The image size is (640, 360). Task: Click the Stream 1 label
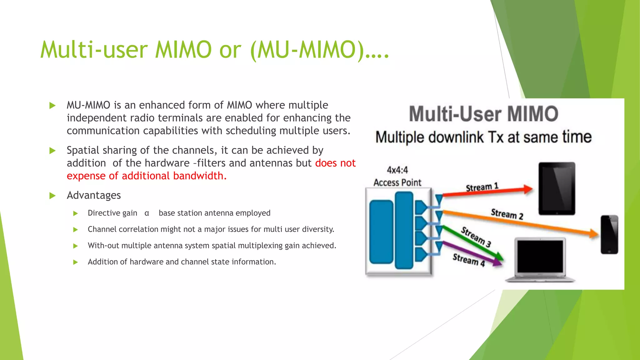coord(482,187)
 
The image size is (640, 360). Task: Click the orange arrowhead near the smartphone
coord(593,233)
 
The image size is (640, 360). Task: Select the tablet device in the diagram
coord(557,188)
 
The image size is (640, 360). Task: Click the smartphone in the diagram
coord(609,234)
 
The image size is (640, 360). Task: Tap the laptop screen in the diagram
coord(540,256)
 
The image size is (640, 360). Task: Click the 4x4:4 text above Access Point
coord(397,170)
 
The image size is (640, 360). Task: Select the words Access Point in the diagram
coord(397,182)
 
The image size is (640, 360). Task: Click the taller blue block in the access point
coord(404,230)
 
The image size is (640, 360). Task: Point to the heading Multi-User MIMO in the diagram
coord(483,114)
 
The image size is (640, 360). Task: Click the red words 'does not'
coord(335,163)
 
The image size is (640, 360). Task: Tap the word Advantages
coord(94,195)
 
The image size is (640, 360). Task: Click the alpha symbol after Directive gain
coord(147,213)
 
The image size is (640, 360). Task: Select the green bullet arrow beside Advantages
coord(52,196)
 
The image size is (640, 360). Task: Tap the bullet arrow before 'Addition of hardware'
coord(75,262)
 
